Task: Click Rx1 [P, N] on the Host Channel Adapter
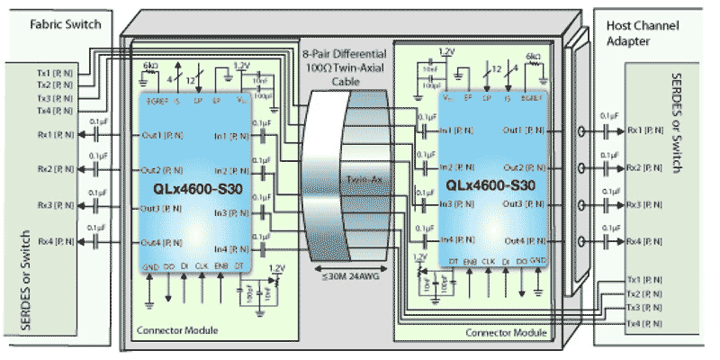pyautogui.click(x=645, y=130)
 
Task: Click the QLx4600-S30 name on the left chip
pyautogui.click(x=195, y=191)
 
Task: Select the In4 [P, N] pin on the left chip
pyautogui.click(x=229, y=249)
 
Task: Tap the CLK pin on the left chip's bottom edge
pyautogui.click(x=202, y=267)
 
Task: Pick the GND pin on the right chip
pyautogui.click(x=537, y=260)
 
